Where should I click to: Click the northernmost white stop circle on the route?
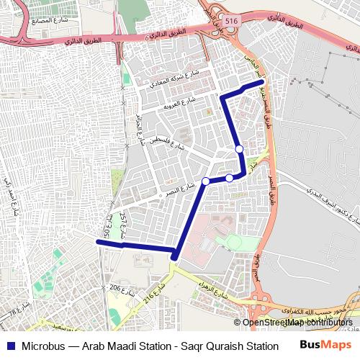click(x=239, y=149)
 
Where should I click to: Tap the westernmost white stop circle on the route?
click(x=206, y=181)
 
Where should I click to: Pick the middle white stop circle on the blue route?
click(x=229, y=177)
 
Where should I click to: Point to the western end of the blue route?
click(x=97, y=243)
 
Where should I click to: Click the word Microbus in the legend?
click(x=43, y=346)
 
